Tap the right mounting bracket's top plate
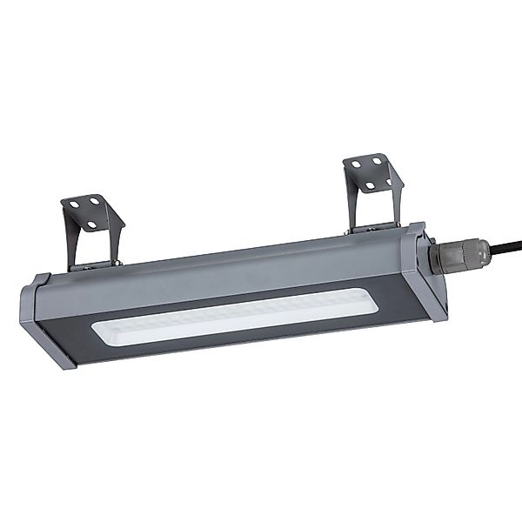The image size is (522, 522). pyautogui.click(x=370, y=173)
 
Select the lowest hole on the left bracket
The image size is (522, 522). pyautogui.click(x=90, y=225)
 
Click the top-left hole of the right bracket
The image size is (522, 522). pyautogui.click(x=355, y=163)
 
